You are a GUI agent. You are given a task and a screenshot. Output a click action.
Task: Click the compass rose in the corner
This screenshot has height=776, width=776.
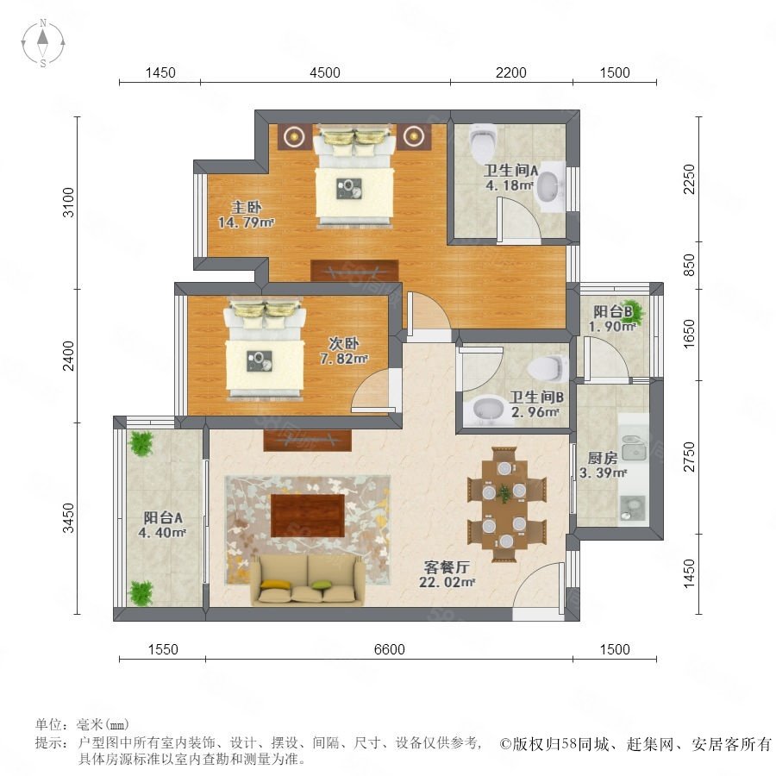(x=43, y=42)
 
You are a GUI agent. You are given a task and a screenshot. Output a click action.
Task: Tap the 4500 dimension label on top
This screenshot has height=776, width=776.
(x=325, y=72)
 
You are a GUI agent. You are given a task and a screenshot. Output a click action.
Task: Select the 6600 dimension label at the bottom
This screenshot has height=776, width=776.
(x=390, y=649)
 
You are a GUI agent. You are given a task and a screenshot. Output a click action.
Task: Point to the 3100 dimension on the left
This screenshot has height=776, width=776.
(x=68, y=202)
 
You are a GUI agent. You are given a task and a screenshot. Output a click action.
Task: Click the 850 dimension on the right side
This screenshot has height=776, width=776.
(x=688, y=265)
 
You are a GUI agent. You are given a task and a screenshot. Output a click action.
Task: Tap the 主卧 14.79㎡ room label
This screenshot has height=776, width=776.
(x=246, y=215)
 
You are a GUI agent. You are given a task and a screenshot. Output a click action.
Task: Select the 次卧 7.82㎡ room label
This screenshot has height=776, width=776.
(x=344, y=351)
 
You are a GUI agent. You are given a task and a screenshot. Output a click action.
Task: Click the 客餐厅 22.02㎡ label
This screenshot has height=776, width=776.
(x=447, y=574)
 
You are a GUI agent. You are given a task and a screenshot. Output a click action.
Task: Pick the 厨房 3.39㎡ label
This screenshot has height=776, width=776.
(x=603, y=466)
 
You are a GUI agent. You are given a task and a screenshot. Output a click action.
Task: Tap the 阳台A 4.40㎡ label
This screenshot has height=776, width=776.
(x=162, y=525)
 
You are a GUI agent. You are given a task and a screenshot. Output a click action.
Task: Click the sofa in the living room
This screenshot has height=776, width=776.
(x=307, y=580)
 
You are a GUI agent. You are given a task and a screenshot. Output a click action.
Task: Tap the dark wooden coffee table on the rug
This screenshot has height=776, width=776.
(x=307, y=516)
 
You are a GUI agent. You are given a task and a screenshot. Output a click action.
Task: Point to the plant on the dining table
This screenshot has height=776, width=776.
(x=504, y=493)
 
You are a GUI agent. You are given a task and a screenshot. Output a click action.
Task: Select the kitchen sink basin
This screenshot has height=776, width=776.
(x=633, y=447)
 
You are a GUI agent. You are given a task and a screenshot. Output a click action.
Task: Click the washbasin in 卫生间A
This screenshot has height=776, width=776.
(x=549, y=187)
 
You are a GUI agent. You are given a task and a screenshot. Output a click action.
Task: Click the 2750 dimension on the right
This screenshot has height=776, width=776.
(x=688, y=457)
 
